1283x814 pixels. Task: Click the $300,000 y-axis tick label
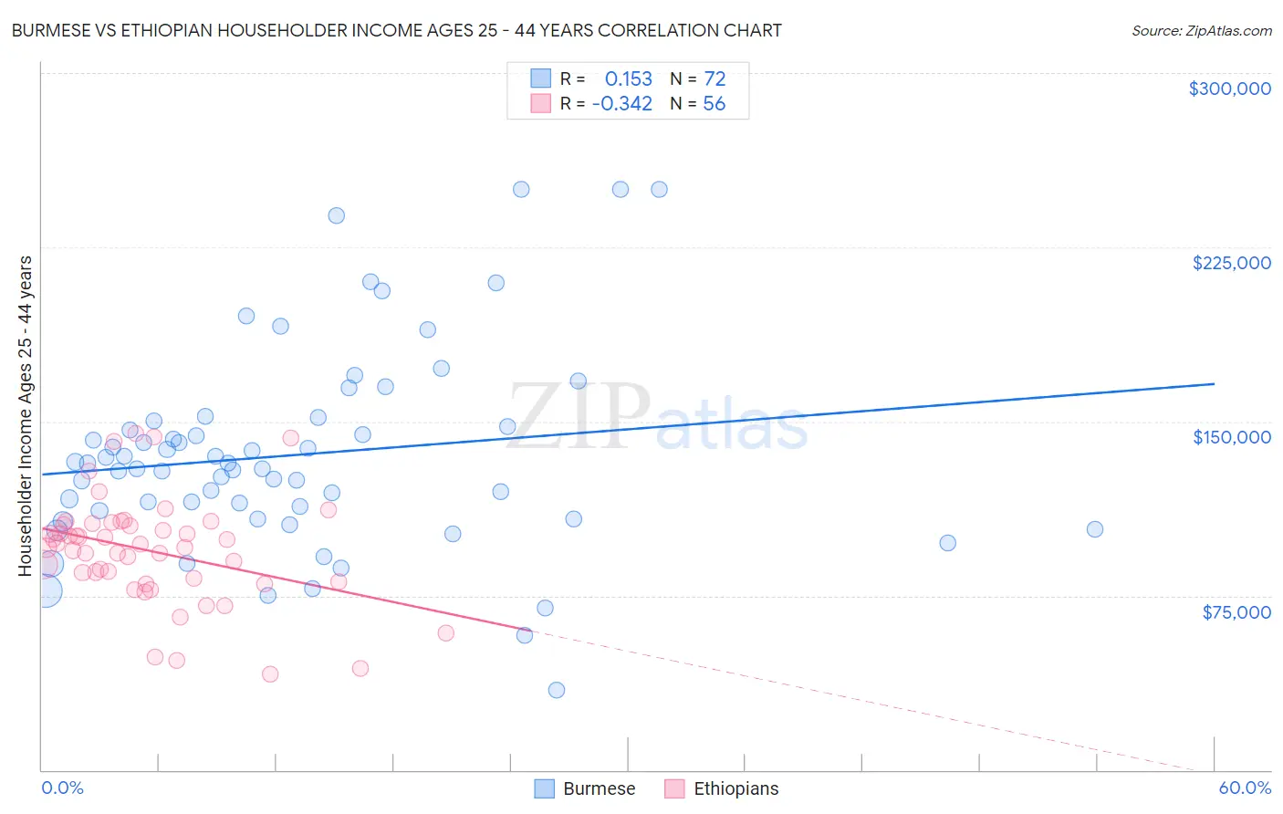pyautogui.click(x=1229, y=89)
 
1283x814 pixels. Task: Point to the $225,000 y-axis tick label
pyautogui.click(x=1231, y=263)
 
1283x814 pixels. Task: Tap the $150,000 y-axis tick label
pyautogui.click(x=1231, y=437)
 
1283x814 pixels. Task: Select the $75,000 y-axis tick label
pyautogui.click(x=1236, y=612)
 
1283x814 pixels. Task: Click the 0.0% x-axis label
pyautogui.click(x=62, y=788)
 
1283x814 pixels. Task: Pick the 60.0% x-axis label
pyautogui.click(x=1245, y=788)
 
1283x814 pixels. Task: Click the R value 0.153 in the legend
pyautogui.click(x=629, y=79)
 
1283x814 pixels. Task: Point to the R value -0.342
pyautogui.click(x=622, y=104)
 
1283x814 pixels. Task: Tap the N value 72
pyautogui.click(x=715, y=79)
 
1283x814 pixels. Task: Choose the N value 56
pyautogui.click(x=714, y=104)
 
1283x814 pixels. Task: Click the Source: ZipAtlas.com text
pyautogui.click(x=1201, y=31)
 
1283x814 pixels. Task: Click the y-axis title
pyautogui.click(x=26, y=416)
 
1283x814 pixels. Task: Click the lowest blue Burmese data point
pyautogui.click(x=557, y=690)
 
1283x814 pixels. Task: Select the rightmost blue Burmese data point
pyautogui.click(x=1095, y=529)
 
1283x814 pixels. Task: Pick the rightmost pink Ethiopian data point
pyautogui.click(x=446, y=633)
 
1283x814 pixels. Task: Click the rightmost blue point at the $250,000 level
pyautogui.click(x=659, y=190)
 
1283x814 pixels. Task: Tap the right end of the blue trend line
pyautogui.click(x=1214, y=384)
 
